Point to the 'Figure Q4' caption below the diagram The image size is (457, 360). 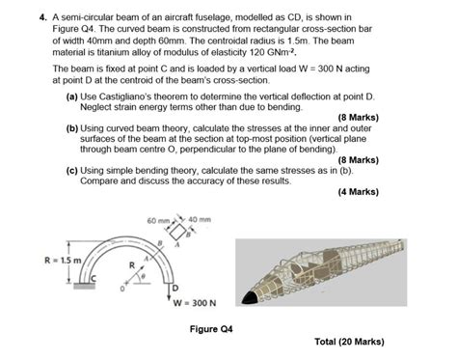click(210, 328)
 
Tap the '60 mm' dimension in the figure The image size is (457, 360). click(157, 222)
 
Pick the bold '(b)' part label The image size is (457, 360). click(73, 126)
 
